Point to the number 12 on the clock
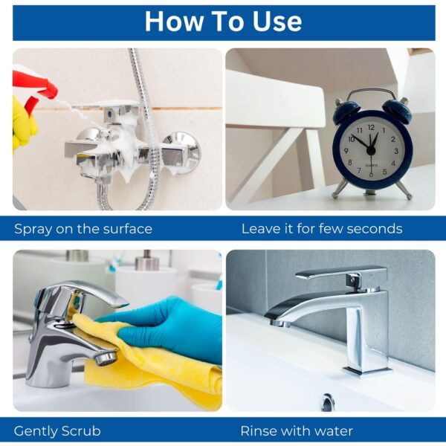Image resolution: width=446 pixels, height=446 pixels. click(x=371, y=127)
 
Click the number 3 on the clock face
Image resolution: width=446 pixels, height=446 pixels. click(x=396, y=151)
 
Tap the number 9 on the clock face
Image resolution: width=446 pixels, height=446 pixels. click(x=346, y=151)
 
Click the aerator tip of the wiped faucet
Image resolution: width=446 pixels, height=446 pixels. click(x=106, y=358)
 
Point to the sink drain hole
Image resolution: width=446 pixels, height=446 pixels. click(x=328, y=402)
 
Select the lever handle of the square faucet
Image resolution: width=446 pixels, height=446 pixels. click(x=341, y=274)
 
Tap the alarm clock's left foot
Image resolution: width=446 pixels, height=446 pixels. click(x=339, y=188)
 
